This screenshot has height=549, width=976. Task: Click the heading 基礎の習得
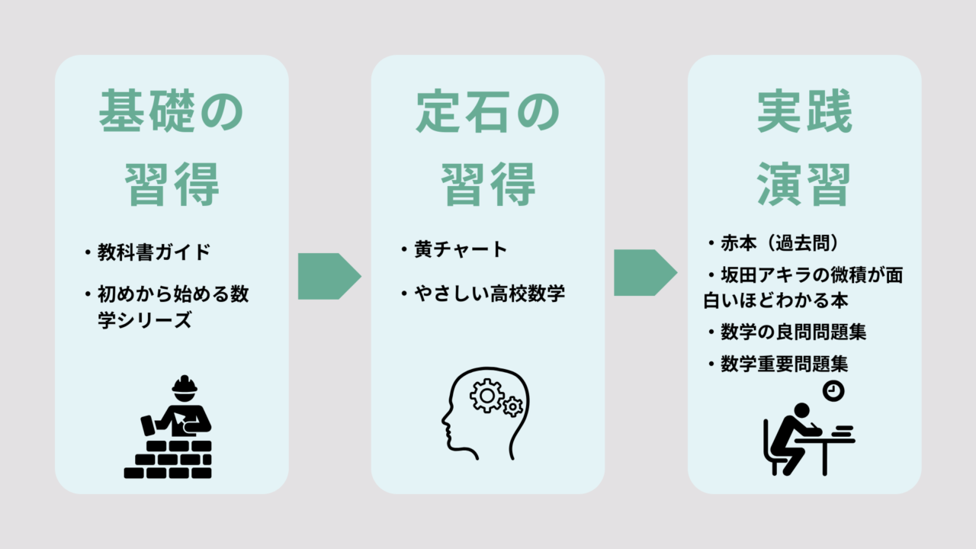click(172, 149)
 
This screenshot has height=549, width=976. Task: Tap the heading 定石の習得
click(488, 149)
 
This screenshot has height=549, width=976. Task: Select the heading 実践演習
click(804, 149)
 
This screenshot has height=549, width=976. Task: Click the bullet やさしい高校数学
click(489, 294)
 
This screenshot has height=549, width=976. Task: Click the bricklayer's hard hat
click(185, 385)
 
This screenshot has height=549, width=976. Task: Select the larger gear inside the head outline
click(486, 396)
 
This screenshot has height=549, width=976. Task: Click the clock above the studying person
click(833, 390)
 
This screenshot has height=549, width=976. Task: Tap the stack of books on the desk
click(843, 432)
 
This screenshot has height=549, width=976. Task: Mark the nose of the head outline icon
click(444, 419)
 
